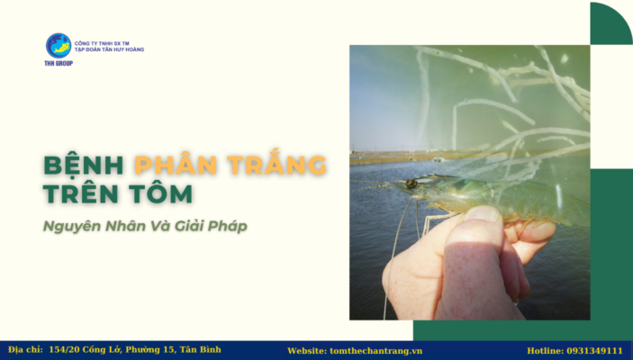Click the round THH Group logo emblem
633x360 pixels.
(x=59, y=45)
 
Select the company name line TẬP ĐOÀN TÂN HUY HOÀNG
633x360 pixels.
(x=109, y=49)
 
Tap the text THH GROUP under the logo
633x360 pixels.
(x=59, y=63)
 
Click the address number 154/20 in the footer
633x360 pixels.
(x=66, y=349)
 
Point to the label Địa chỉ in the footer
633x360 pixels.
(x=25, y=349)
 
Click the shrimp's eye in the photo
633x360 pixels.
(x=411, y=184)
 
